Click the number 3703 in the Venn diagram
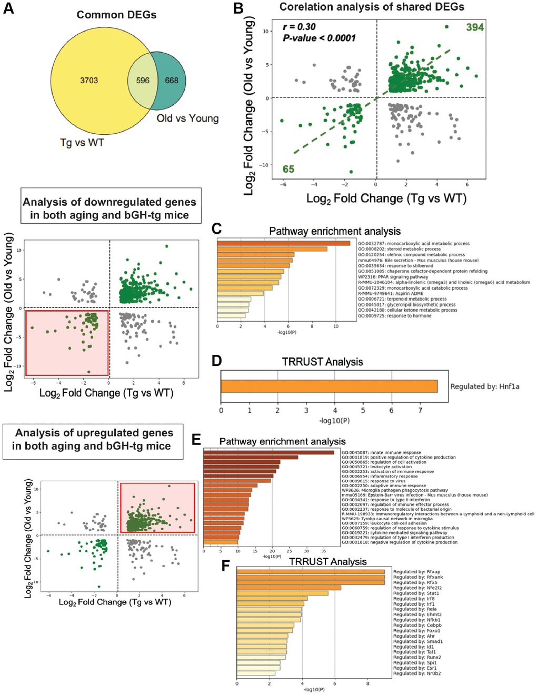(89, 81)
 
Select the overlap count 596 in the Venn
(143, 81)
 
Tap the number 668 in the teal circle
(172, 81)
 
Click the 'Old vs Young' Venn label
(187, 118)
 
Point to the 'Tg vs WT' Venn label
(82, 142)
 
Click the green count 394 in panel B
(474, 27)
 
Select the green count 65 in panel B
(288, 169)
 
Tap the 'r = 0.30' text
(299, 27)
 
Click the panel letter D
(216, 361)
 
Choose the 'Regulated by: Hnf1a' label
(484, 386)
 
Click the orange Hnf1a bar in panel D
(329, 386)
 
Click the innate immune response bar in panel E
(268, 452)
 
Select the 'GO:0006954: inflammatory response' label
(379, 476)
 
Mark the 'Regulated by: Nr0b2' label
(417, 673)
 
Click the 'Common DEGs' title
(116, 15)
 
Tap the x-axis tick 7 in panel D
(420, 410)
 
